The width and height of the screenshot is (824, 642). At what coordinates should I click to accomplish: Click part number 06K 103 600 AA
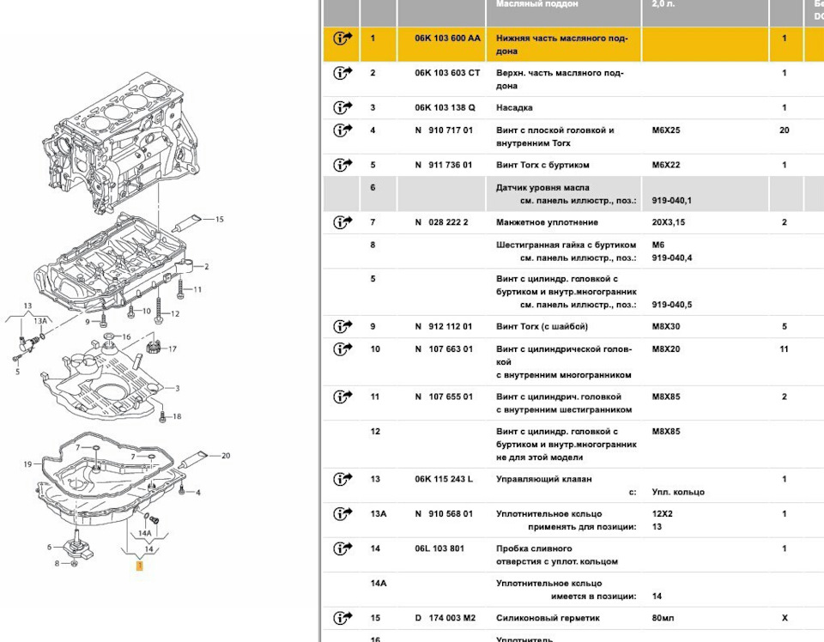click(x=447, y=39)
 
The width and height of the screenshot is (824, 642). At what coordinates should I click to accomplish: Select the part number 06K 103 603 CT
click(x=447, y=73)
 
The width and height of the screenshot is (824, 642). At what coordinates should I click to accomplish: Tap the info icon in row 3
click(x=342, y=108)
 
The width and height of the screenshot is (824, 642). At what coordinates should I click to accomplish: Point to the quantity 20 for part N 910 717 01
click(x=784, y=130)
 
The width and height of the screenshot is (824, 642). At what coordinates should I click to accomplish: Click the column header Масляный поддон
click(x=537, y=4)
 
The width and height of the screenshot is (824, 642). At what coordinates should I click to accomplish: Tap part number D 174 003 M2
click(x=445, y=618)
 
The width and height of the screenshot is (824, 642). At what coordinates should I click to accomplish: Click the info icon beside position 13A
click(x=342, y=514)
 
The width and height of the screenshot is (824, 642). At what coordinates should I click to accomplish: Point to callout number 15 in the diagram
click(x=219, y=220)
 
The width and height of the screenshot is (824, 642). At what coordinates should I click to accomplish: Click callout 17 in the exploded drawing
click(x=173, y=349)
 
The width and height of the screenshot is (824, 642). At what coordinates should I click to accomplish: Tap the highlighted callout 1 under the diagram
click(x=139, y=566)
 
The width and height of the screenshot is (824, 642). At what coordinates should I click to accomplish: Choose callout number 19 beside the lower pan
click(x=27, y=464)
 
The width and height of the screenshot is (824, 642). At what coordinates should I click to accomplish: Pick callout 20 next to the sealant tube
click(x=226, y=456)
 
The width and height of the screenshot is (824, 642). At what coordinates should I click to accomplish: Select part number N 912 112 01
click(x=443, y=327)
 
